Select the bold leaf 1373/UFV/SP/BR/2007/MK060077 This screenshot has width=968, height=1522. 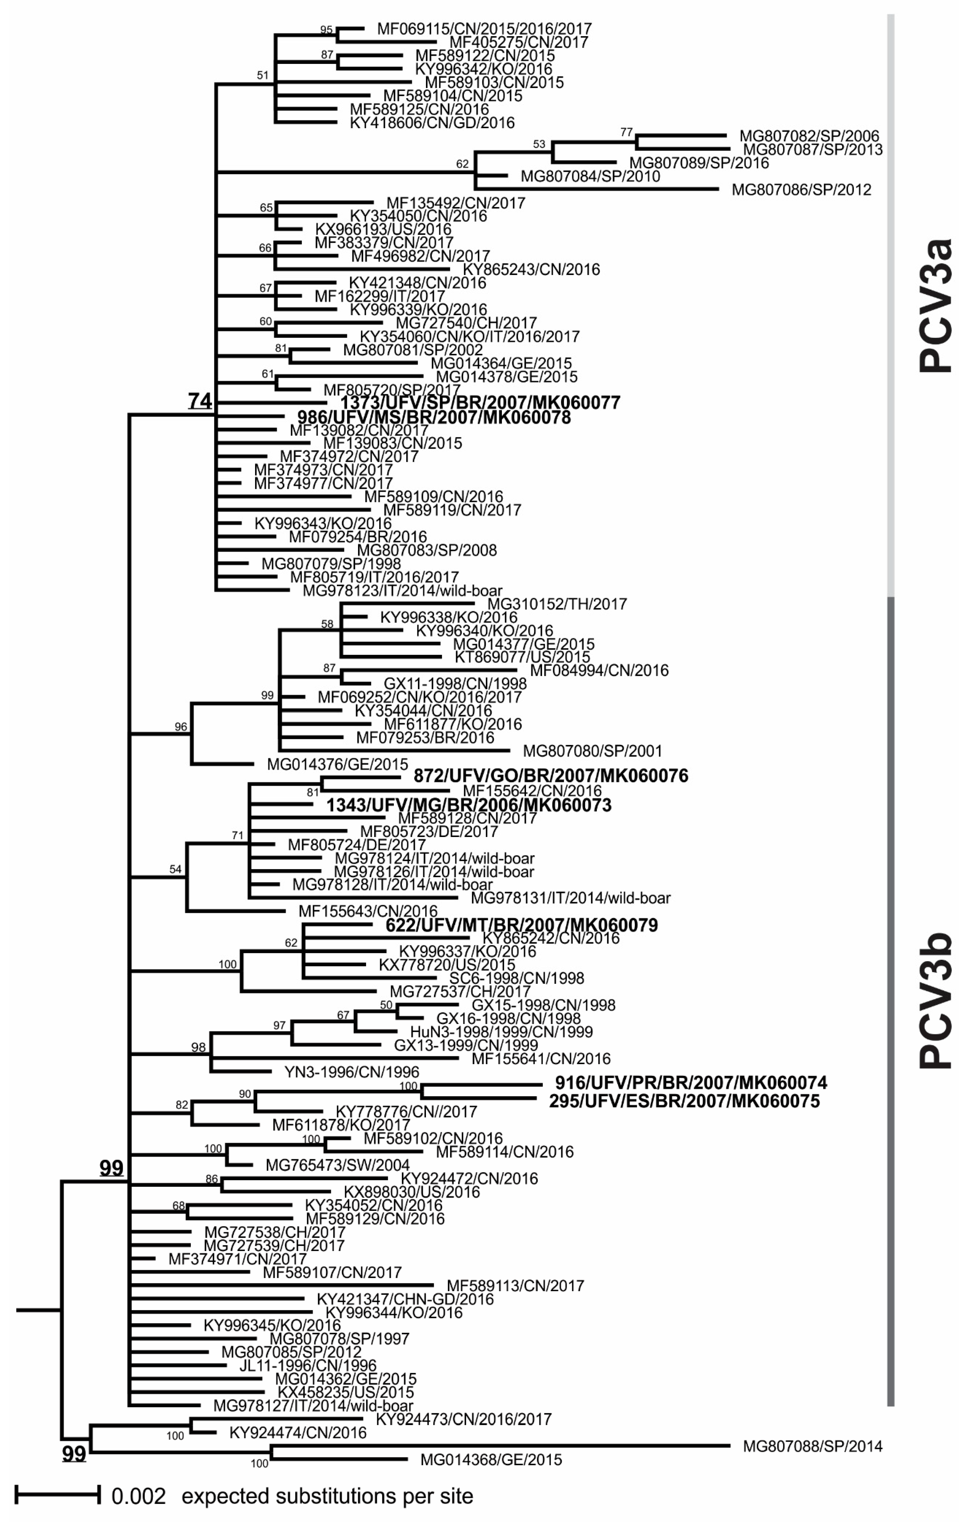[480, 403]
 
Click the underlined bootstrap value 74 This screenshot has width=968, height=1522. [200, 401]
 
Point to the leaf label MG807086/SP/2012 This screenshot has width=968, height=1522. [801, 190]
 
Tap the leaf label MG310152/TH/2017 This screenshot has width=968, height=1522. [557, 604]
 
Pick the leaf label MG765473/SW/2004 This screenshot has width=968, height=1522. [337, 1165]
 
